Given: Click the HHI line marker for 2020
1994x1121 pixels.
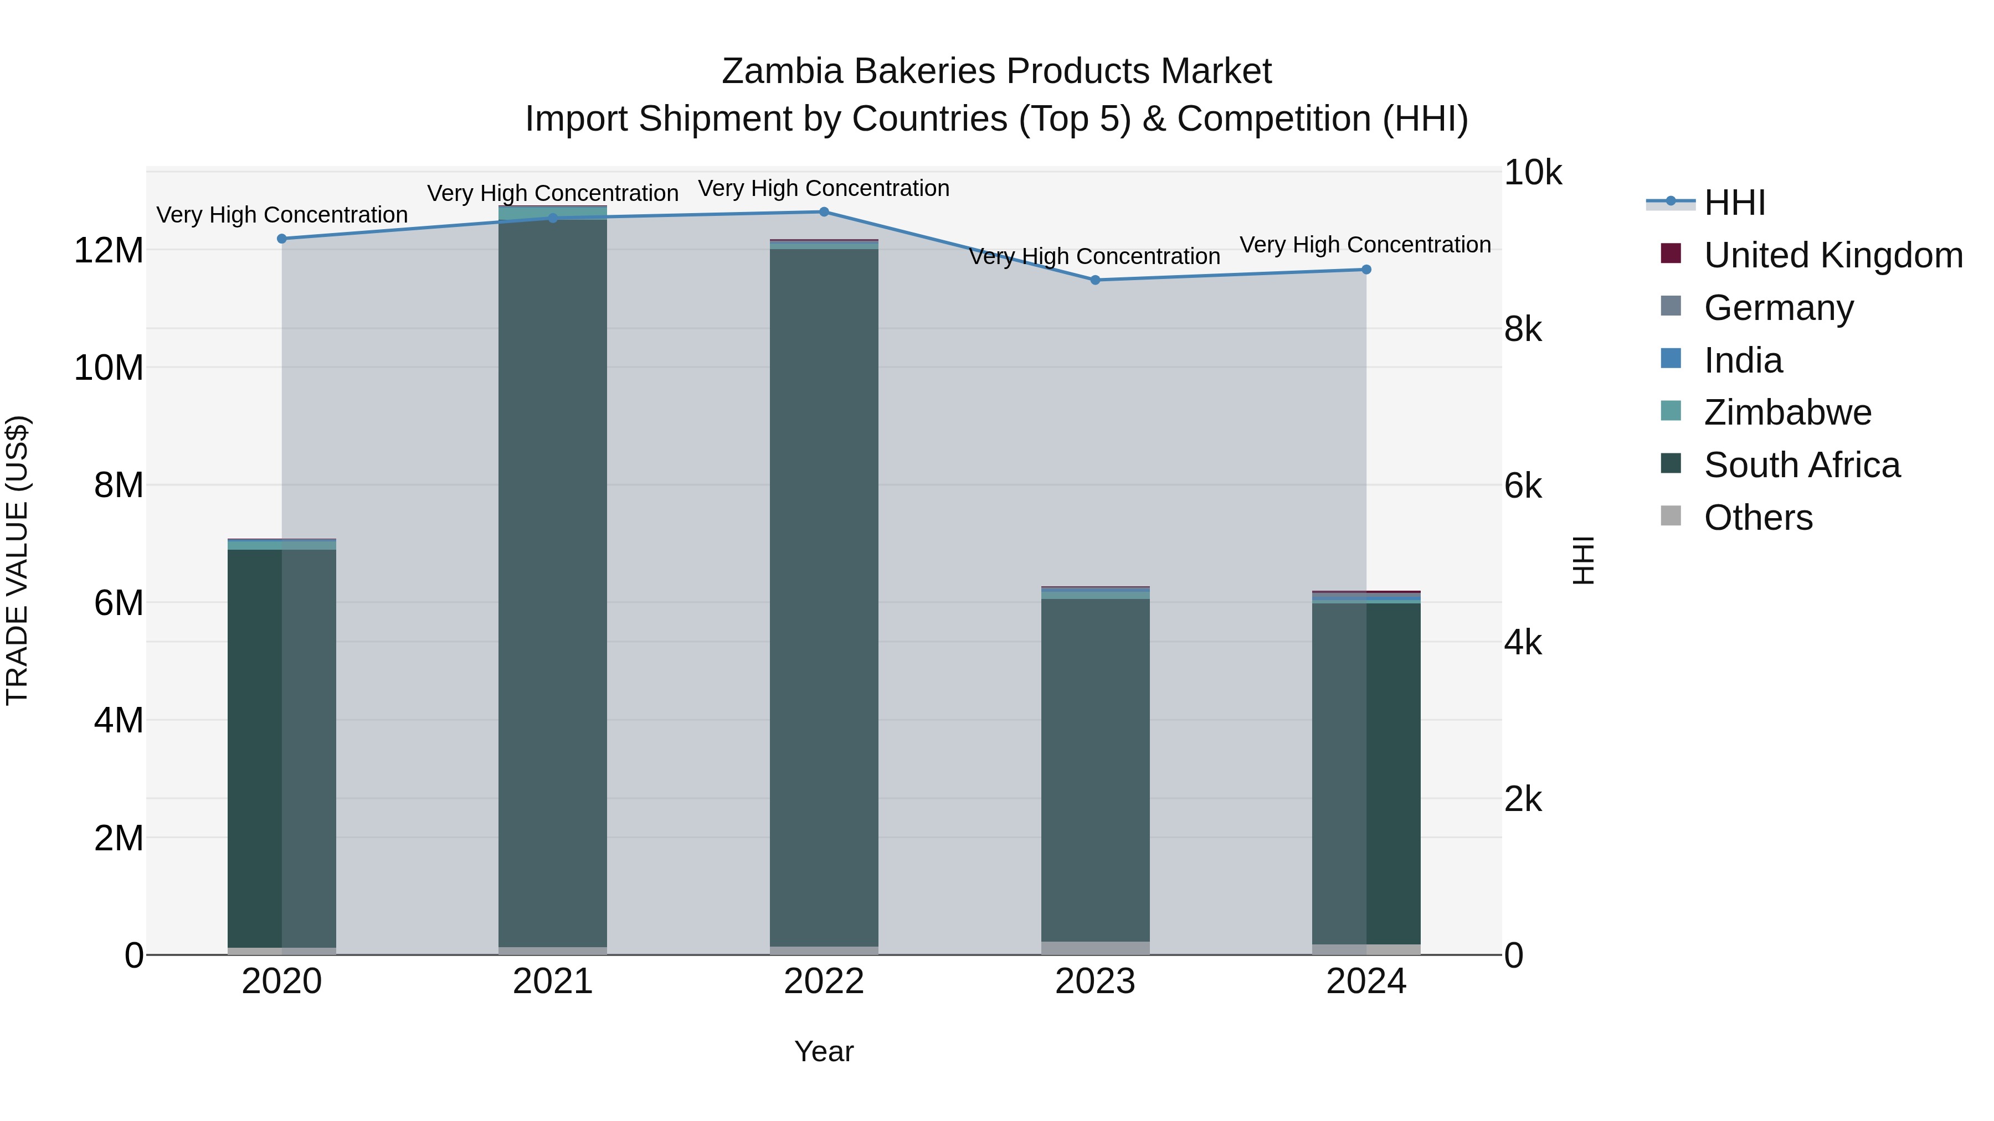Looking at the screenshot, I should tap(282, 239).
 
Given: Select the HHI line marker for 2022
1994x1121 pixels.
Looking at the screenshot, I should tap(824, 212).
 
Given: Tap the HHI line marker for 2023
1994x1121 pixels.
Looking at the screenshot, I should tap(1095, 280).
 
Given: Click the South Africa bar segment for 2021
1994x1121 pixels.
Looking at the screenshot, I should tap(553, 580).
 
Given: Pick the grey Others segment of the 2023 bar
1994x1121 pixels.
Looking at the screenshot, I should tap(1095, 948).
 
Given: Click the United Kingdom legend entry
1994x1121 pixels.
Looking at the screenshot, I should tap(1832, 255).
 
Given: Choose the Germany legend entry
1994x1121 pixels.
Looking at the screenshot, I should tap(1777, 308).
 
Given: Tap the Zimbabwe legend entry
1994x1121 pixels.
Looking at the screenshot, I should tap(1786, 412).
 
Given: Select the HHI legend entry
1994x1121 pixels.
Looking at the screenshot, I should tap(1734, 203).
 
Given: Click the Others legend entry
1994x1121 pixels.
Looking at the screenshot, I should tap(1757, 518).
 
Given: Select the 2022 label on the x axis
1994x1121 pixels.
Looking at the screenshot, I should tap(824, 981).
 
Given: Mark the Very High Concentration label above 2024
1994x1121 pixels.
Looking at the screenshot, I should tap(1365, 245).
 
